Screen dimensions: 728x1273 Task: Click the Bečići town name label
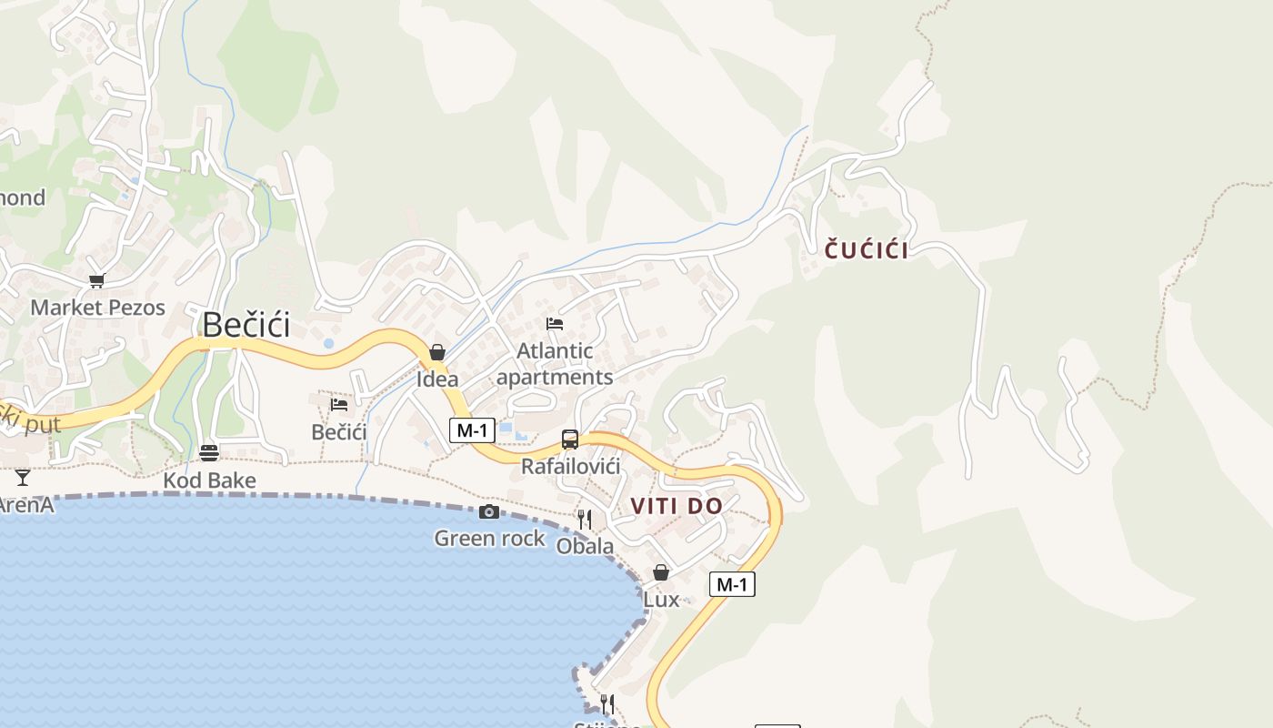click(x=246, y=325)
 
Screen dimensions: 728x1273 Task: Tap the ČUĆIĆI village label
click(x=867, y=250)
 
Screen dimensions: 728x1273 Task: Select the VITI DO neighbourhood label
click(x=677, y=506)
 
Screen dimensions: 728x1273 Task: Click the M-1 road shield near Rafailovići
click(x=472, y=430)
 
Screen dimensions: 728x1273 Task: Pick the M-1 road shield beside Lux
click(x=732, y=584)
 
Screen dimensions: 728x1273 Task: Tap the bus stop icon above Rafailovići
click(x=570, y=440)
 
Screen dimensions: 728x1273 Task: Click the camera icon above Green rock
click(x=489, y=512)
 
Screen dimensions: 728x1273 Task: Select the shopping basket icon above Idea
click(x=437, y=352)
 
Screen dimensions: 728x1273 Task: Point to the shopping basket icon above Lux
click(x=661, y=572)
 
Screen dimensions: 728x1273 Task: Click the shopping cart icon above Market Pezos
click(x=97, y=280)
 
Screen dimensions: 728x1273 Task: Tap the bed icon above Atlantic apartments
click(x=555, y=323)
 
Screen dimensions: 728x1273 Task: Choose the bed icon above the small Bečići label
click(x=339, y=404)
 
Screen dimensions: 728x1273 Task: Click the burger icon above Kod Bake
click(x=209, y=452)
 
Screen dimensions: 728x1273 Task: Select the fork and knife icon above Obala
click(x=585, y=520)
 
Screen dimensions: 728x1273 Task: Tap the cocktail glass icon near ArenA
click(x=23, y=477)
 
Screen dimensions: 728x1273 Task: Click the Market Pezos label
click(x=98, y=308)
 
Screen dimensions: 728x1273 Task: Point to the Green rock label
click(x=489, y=539)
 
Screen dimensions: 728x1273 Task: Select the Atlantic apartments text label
click(x=555, y=364)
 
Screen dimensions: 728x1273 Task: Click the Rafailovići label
click(x=570, y=467)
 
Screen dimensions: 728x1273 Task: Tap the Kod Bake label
click(x=209, y=480)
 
